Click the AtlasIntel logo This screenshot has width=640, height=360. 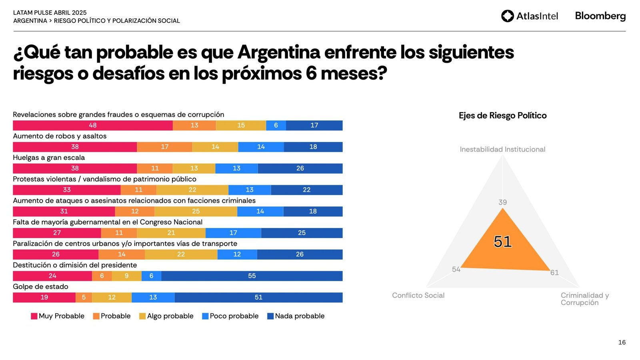click(x=529, y=16)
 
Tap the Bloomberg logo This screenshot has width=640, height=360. click(x=600, y=16)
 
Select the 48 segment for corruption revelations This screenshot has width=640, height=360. click(x=93, y=125)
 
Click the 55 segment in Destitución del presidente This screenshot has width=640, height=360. click(x=252, y=276)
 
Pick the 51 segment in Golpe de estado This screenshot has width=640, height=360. click(x=258, y=297)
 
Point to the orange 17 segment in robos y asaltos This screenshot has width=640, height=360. click(x=164, y=147)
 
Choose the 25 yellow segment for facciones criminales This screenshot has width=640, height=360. click(x=196, y=211)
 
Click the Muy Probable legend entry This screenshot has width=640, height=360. click(x=58, y=316)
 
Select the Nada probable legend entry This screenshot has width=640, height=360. click(x=296, y=316)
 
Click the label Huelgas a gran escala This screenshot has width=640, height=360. click(x=49, y=158)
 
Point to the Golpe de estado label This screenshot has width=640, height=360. click(x=40, y=286)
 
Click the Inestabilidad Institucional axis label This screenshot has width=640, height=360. click(x=502, y=149)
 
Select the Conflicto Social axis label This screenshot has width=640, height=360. click(x=418, y=295)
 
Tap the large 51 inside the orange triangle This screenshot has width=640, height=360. click(x=502, y=242)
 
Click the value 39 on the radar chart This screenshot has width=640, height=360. click(x=502, y=202)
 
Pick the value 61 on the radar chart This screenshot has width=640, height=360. click(x=554, y=273)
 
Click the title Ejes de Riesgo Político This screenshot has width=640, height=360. click(x=502, y=116)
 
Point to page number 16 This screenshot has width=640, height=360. click(x=622, y=342)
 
